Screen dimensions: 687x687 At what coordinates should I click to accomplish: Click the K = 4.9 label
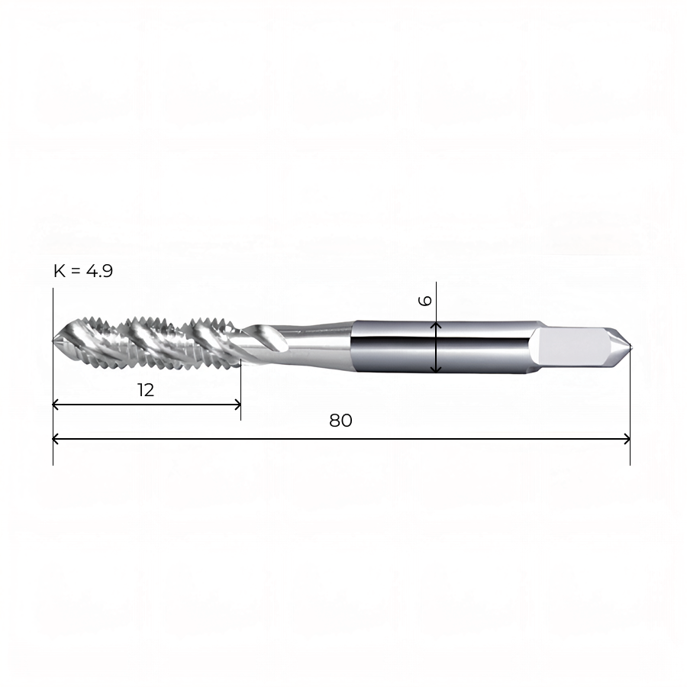click(x=83, y=271)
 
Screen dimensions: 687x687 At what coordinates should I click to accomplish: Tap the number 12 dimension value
click(x=146, y=390)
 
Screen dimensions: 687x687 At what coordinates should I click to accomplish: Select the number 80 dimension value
click(x=340, y=421)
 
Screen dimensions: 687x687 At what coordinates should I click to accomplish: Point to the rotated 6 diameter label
click(x=425, y=301)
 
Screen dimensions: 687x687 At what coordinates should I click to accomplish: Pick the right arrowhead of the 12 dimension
click(x=238, y=405)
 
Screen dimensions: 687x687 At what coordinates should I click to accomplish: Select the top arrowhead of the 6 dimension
click(x=436, y=324)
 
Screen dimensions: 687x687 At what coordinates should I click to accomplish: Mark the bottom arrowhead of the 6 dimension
click(x=436, y=370)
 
